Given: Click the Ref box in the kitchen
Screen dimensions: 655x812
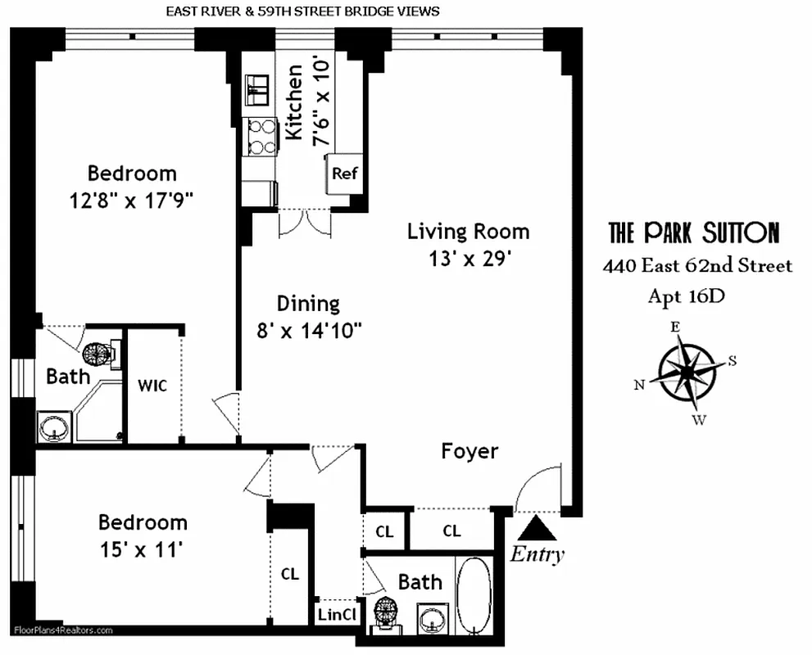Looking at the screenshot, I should coord(342,174).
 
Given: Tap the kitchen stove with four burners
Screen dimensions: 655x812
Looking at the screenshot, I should coord(261,137).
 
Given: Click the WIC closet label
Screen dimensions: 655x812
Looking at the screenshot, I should coord(152,385).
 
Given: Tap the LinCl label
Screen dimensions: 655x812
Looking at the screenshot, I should coord(337,615).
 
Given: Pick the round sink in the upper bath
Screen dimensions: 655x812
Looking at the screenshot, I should coord(56,428).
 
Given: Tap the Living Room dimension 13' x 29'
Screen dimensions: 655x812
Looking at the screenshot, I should coord(470,259).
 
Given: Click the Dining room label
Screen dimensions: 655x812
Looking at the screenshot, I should coord(308,304).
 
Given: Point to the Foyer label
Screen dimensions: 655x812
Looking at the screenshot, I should coord(470,451).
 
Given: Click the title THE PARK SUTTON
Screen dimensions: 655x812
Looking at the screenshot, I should coord(693,233).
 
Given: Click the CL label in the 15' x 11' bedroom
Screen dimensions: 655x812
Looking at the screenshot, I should coord(290,574).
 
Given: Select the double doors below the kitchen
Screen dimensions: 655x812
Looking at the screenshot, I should coord(305,224).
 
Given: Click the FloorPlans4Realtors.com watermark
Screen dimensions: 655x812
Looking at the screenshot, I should coord(63,630).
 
